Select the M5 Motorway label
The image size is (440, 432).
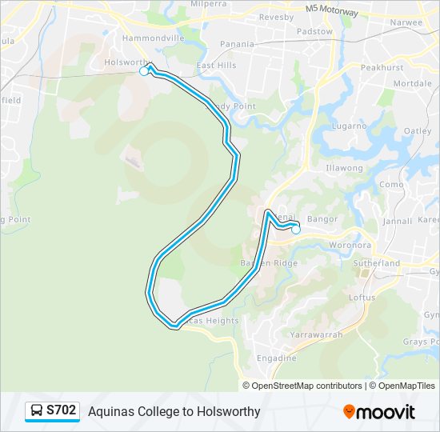coord(332,10)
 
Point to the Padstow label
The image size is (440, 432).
coord(315,32)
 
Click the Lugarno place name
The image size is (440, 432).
coord(350,126)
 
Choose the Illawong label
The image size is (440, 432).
coord(344,168)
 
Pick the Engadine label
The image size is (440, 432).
coord(276,358)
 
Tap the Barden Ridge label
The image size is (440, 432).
coord(269,263)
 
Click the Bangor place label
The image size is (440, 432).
coord(322,218)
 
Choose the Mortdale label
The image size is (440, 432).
coord(413,83)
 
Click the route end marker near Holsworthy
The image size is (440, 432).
coord(144,71)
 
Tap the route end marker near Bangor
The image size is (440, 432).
coord(296,230)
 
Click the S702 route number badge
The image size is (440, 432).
coord(61,410)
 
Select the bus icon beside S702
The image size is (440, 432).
coord(37,411)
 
